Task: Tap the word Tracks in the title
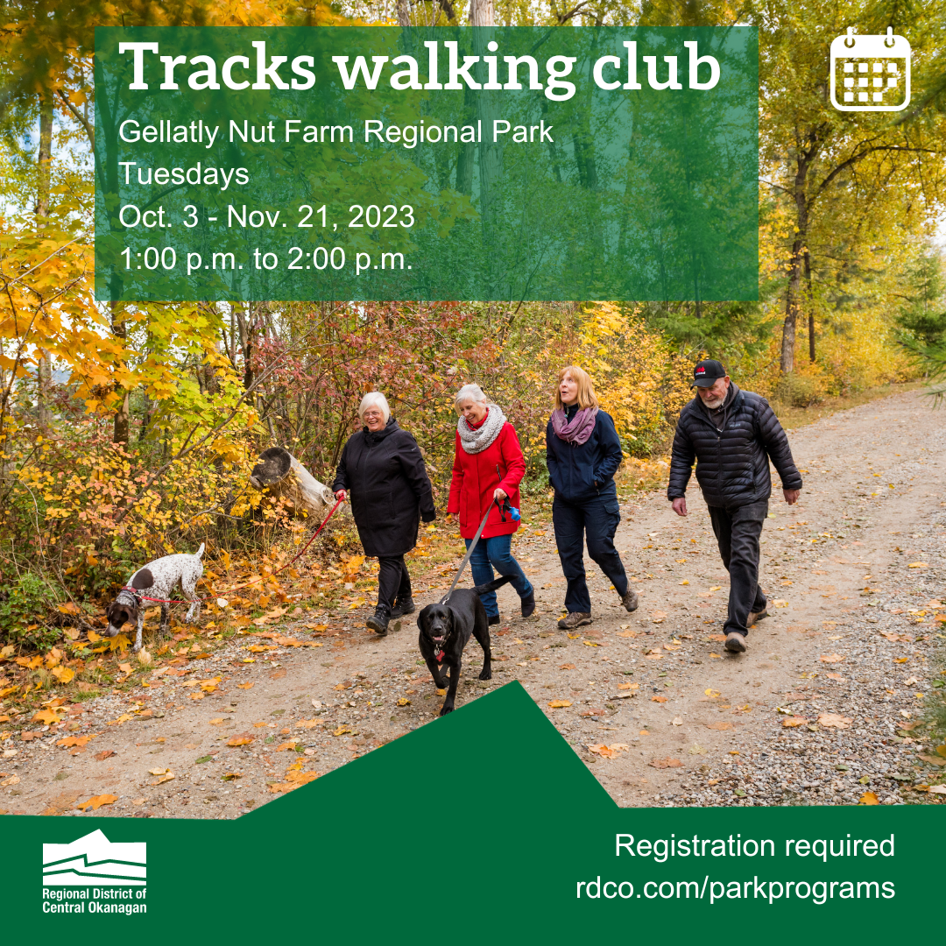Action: (217, 67)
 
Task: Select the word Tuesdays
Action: (183, 174)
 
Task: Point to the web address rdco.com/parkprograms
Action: (735, 889)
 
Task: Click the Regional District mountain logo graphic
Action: (94, 857)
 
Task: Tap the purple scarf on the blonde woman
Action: (574, 425)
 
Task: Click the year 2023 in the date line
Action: (381, 216)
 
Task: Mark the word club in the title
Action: (656, 67)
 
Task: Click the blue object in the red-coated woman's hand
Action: (513, 513)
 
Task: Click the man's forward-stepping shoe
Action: (736, 642)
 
